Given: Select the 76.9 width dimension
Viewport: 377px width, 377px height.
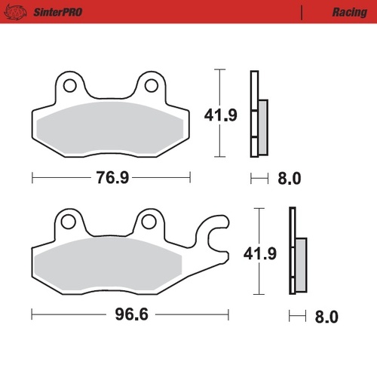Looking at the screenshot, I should (x=110, y=179).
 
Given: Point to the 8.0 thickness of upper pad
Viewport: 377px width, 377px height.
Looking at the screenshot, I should (x=290, y=179).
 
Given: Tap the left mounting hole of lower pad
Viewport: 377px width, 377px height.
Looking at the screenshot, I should (x=69, y=222).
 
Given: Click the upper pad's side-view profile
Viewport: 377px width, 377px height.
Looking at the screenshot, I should (x=256, y=114).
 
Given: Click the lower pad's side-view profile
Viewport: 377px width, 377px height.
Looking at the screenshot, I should (x=295, y=253).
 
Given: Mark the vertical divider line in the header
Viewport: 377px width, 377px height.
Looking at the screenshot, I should (x=302, y=12).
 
